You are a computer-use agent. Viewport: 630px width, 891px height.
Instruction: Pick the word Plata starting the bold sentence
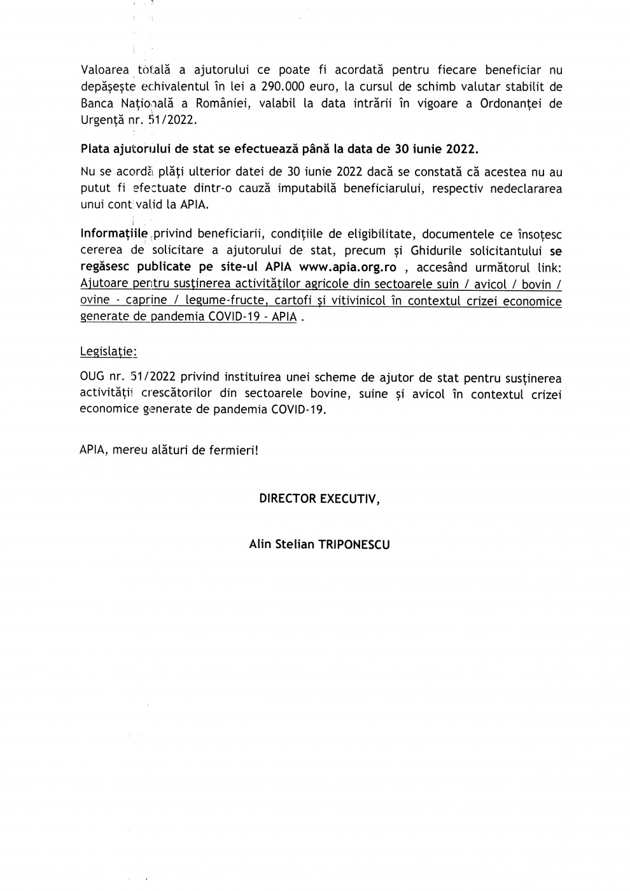point(95,149)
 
